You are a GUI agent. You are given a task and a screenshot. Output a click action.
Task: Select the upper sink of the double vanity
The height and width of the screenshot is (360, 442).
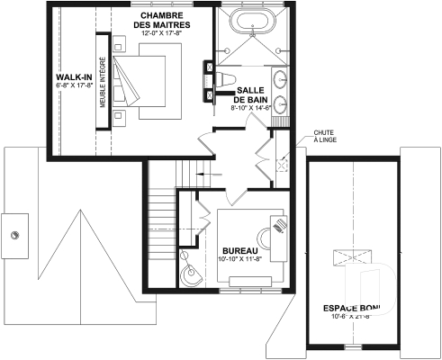click(281, 77)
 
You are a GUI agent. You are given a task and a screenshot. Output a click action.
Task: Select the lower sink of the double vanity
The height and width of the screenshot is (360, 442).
click(281, 101)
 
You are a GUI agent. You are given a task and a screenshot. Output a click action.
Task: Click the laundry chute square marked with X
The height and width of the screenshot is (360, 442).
click(281, 165)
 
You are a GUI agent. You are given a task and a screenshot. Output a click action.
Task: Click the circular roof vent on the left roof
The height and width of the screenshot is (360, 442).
click(15, 235)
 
